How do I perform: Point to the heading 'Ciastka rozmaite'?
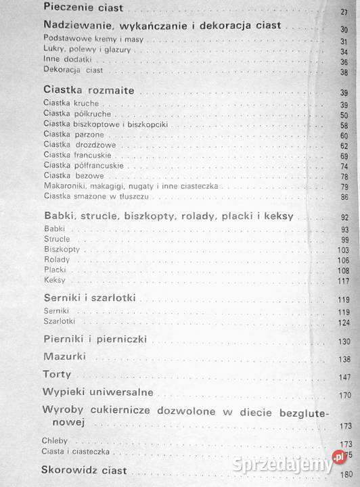[89, 90]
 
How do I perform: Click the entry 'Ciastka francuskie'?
[77, 155]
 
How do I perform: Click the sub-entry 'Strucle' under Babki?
[57, 239]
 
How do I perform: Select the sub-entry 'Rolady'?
[56, 260]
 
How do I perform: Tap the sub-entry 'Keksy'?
[54, 280]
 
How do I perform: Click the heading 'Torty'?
[57, 373]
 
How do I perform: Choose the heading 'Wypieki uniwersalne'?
[98, 392]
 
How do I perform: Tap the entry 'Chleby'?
[57, 442]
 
